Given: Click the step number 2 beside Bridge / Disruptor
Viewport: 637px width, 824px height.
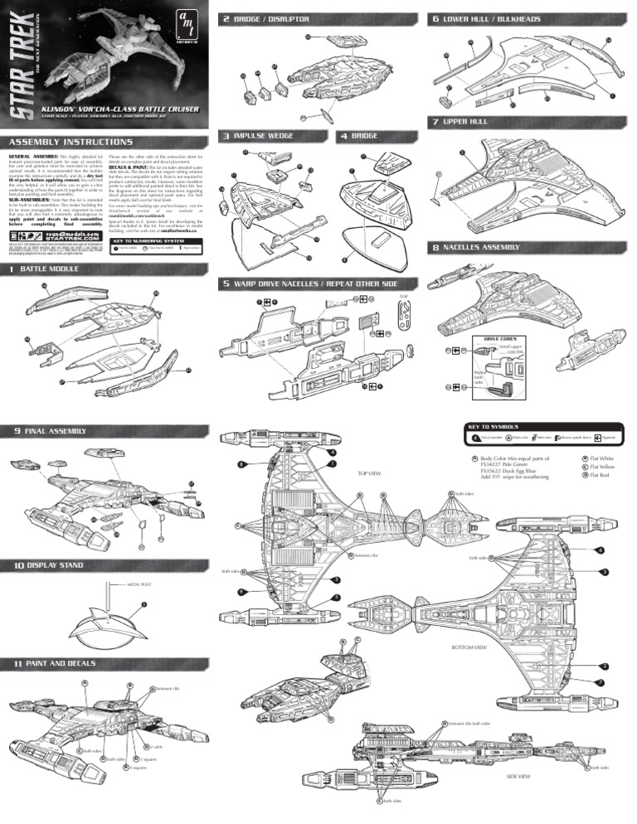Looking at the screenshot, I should (x=226, y=18).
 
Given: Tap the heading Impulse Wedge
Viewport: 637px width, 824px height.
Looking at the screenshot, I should (x=263, y=135).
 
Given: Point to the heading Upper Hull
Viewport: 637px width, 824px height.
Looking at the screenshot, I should (x=462, y=122).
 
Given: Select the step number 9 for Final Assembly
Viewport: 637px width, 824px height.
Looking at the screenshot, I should (x=17, y=430).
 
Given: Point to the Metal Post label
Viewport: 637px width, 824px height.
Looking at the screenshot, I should (x=125, y=583).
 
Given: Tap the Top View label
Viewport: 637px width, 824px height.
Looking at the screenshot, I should (x=368, y=473).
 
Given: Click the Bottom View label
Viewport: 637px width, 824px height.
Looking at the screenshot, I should (x=468, y=647).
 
